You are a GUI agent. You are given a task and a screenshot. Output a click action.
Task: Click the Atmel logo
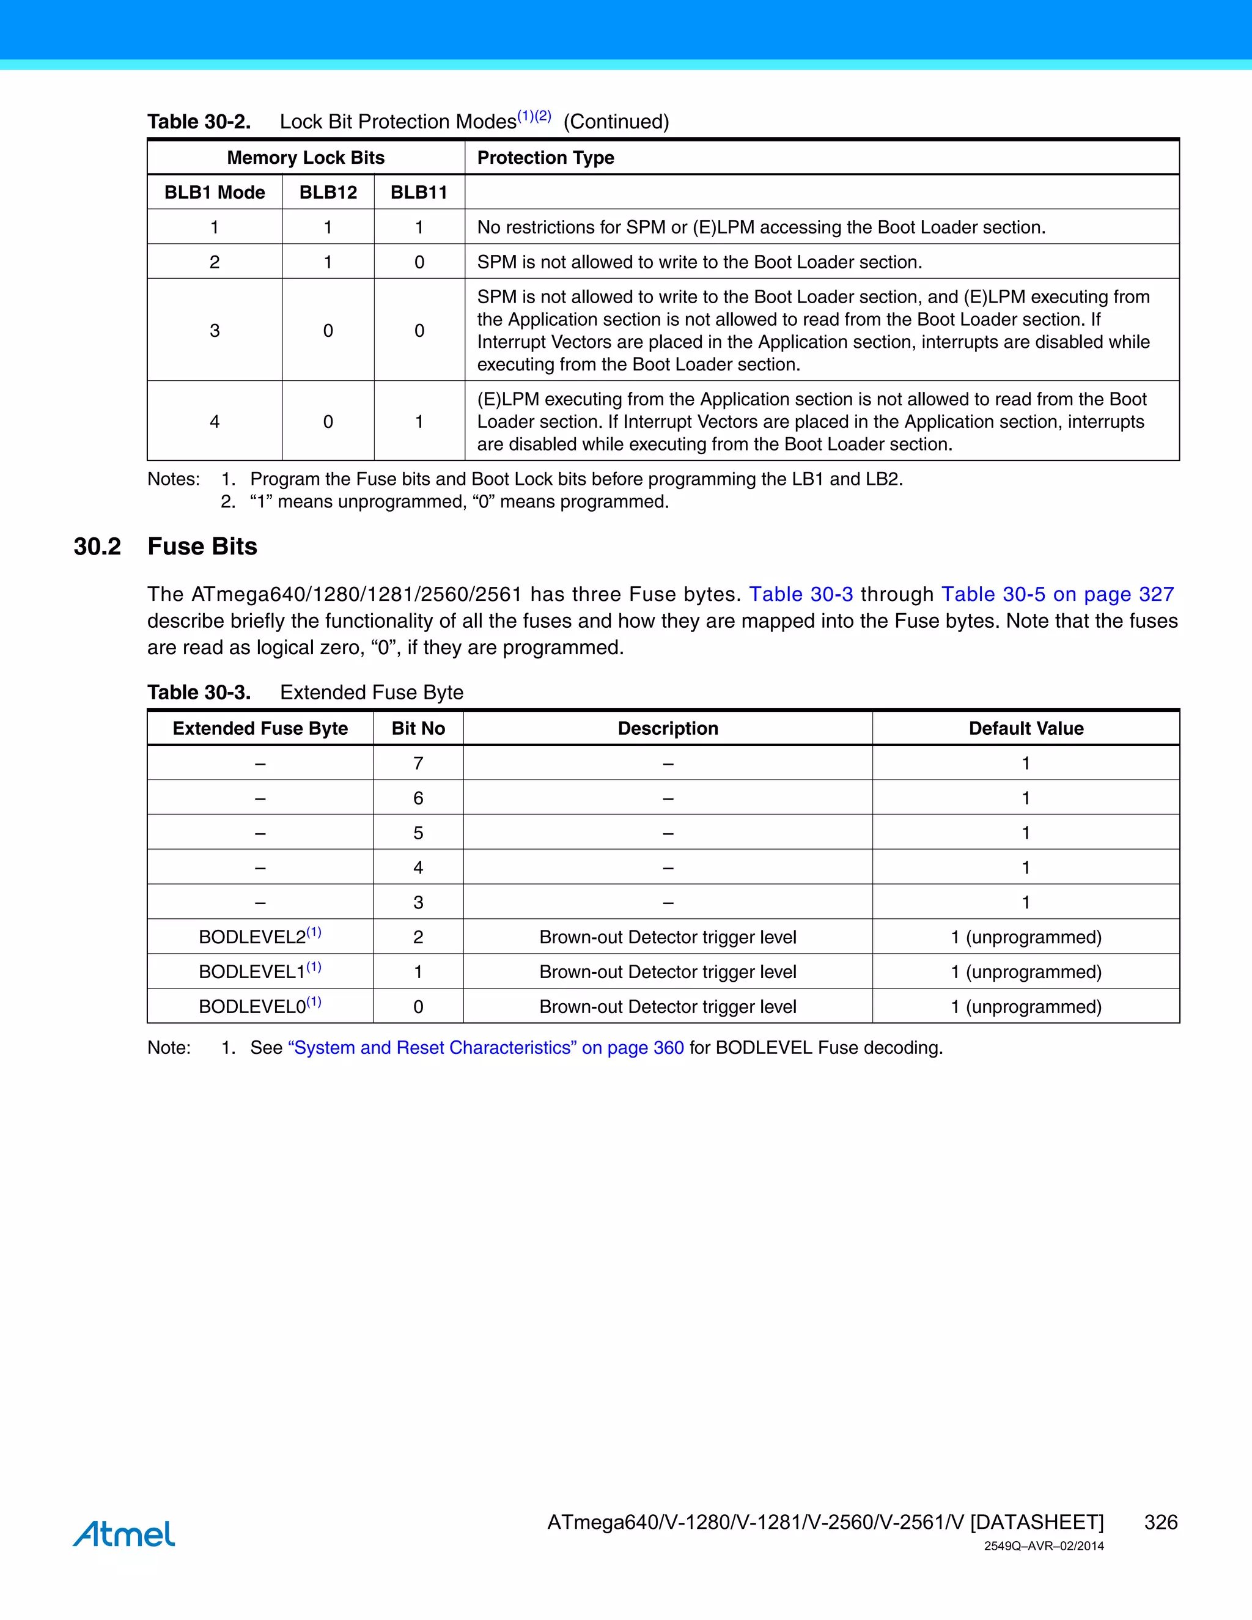(x=124, y=1534)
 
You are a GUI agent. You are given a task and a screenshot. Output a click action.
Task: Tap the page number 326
(x=1160, y=1522)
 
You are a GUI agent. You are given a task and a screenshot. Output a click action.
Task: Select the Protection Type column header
(x=545, y=157)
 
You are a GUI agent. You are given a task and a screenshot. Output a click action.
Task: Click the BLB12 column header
(x=328, y=192)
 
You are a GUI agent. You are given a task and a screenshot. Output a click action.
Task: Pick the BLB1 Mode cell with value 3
(x=215, y=330)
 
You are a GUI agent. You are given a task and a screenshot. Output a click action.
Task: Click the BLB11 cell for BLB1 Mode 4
(x=419, y=421)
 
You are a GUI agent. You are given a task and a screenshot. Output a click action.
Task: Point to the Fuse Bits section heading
(x=202, y=546)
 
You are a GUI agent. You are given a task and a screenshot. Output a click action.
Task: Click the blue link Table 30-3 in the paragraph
(x=800, y=594)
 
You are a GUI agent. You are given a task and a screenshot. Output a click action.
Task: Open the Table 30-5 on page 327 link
(x=1057, y=594)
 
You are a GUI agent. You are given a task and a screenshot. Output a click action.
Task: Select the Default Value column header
(x=1025, y=729)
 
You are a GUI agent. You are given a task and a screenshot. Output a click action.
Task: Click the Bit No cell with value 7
(x=418, y=764)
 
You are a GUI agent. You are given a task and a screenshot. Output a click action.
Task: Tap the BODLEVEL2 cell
(x=260, y=936)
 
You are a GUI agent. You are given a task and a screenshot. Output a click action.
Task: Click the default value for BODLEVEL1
(x=1025, y=972)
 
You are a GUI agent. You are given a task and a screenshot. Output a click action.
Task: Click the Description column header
(x=668, y=729)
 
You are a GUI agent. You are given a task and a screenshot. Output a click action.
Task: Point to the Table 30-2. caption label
(x=199, y=122)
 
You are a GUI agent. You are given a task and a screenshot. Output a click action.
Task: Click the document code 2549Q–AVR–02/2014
(x=1043, y=1546)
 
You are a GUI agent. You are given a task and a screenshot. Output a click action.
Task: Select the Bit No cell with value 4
(x=418, y=867)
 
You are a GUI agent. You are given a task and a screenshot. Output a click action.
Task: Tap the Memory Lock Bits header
(x=306, y=157)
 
